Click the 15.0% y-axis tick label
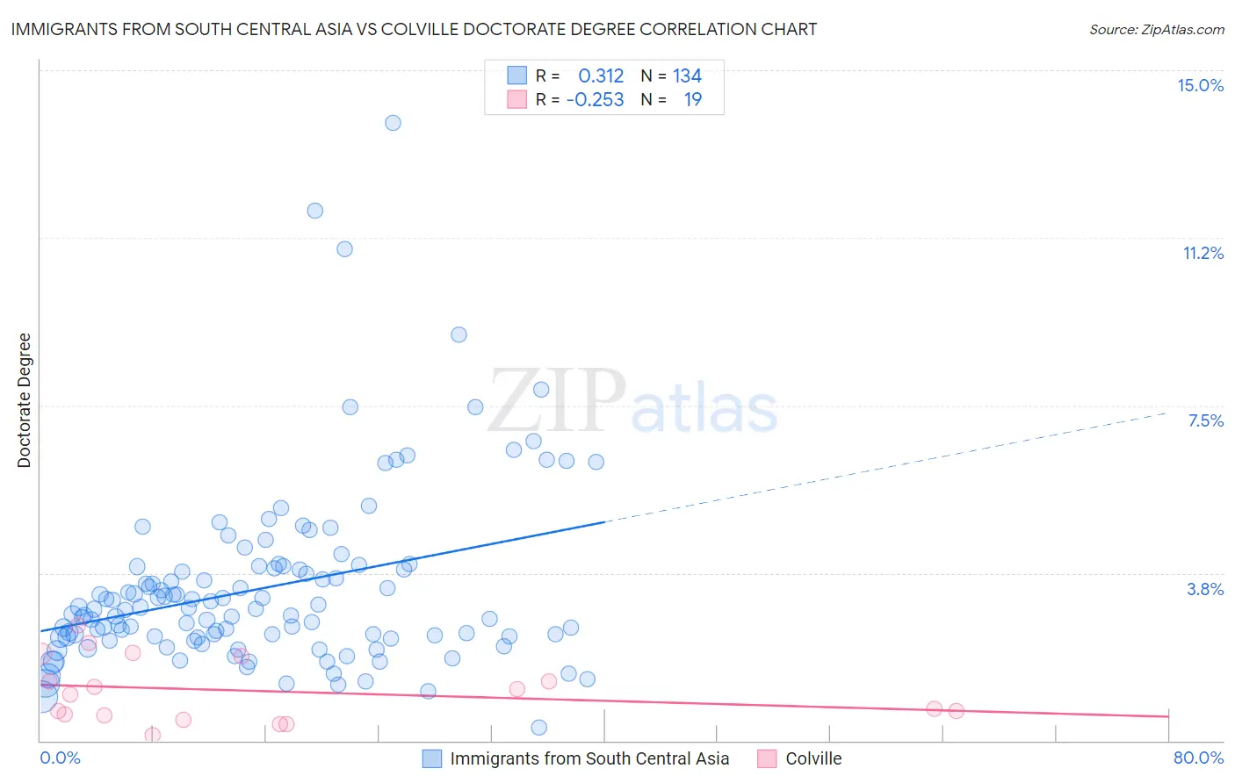[x=1200, y=85]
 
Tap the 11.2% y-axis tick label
[x=1202, y=253]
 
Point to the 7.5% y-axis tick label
[x=1205, y=420]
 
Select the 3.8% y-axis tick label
[x=1205, y=589]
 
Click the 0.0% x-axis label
[x=60, y=758]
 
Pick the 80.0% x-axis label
[x=1198, y=758]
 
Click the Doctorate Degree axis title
[x=24, y=400]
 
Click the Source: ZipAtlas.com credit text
[x=1156, y=29]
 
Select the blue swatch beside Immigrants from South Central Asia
[x=431, y=758]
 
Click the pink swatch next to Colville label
[x=767, y=758]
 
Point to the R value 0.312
[x=601, y=76]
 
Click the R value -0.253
[x=595, y=100]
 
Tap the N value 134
[x=687, y=76]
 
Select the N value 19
[x=692, y=100]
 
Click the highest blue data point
[x=393, y=123]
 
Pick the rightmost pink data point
[x=956, y=711]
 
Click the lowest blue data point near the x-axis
[x=539, y=727]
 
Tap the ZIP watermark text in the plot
[x=557, y=400]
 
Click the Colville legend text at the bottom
[x=813, y=758]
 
